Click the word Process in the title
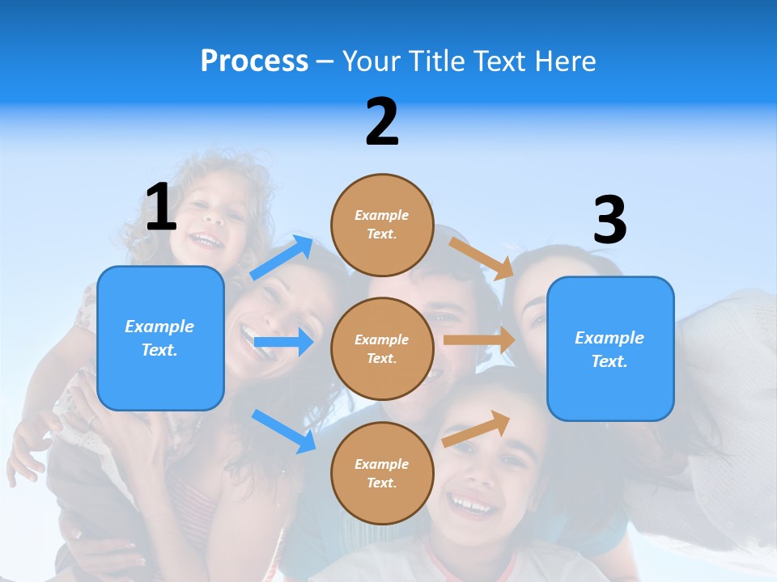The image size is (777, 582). [x=254, y=61]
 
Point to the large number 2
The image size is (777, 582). [x=382, y=122]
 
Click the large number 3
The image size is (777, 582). [x=609, y=220]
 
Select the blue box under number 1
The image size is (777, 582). [x=160, y=338]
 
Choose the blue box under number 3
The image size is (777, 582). [x=610, y=349]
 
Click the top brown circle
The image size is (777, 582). [x=382, y=225]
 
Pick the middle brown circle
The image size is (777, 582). [x=382, y=349]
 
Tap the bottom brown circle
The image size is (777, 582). [x=382, y=474]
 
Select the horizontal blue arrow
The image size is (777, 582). [x=283, y=343]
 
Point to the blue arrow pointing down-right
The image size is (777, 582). [x=283, y=431]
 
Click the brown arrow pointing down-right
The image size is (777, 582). [x=482, y=258]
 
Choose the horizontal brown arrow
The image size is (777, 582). [x=479, y=340]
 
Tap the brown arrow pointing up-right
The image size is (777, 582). [x=477, y=428]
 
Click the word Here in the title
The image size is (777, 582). [x=565, y=61]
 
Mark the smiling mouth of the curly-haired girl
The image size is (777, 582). [x=206, y=240]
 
